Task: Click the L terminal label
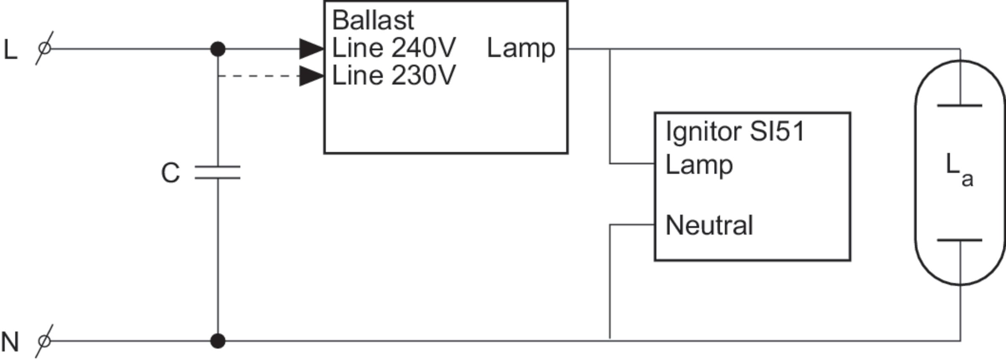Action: [x=10, y=50]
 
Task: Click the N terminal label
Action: [x=10, y=342]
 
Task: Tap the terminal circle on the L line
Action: [x=44, y=49]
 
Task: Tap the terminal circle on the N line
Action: [x=44, y=341]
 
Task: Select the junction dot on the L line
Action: [x=218, y=49]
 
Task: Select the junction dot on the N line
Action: [x=218, y=341]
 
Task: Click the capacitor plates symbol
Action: [x=218, y=172]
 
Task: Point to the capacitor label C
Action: [x=170, y=173]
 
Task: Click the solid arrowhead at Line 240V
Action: [x=311, y=49]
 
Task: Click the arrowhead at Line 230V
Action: [x=311, y=76]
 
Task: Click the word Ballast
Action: [x=373, y=20]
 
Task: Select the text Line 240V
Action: [x=394, y=48]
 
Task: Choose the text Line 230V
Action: [x=394, y=76]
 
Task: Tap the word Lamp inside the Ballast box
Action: [x=521, y=49]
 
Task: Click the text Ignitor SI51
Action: [x=735, y=132]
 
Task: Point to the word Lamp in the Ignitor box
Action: [x=699, y=165]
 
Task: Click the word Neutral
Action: [x=709, y=225]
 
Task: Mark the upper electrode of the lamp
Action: [x=959, y=106]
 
